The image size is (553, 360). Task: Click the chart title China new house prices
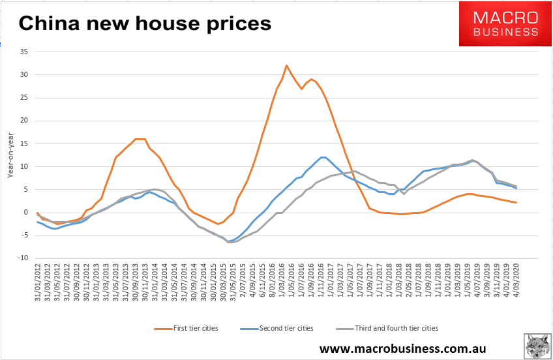click(x=144, y=23)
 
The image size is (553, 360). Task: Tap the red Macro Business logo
click(x=505, y=24)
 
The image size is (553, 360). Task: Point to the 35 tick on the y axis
click(x=25, y=52)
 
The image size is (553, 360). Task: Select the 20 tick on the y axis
click(x=25, y=121)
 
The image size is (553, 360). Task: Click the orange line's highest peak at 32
click(x=286, y=65)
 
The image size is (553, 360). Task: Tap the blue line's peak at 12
click(x=323, y=157)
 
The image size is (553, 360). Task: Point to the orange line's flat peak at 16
click(x=140, y=139)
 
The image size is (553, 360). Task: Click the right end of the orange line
click(x=516, y=202)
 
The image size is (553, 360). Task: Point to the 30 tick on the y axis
click(x=25, y=75)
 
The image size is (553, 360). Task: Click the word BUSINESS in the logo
click(x=506, y=31)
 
